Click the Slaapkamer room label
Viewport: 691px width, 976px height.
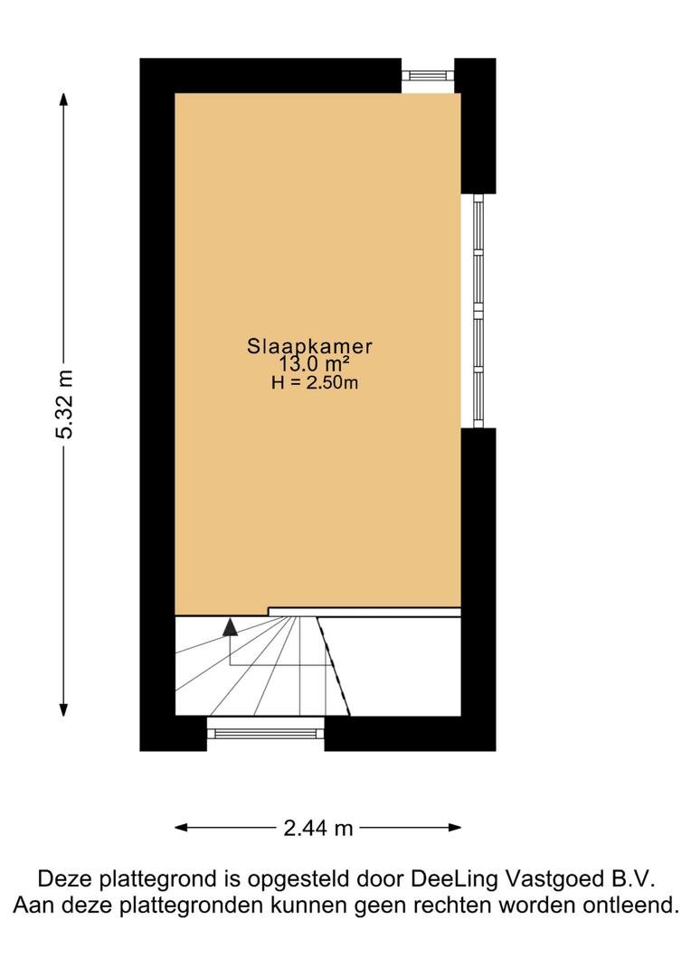pyautogui.click(x=309, y=345)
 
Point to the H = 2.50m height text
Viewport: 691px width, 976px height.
pyautogui.click(x=315, y=382)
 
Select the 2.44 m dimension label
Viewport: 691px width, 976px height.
pyautogui.click(x=317, y=828)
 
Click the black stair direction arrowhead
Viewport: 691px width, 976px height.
pyautogui.click(x=231, y=627)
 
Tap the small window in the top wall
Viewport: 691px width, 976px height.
pyautogui.click(x=428, y=75)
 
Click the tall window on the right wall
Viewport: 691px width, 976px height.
pyautogui.click(x=478, y=311)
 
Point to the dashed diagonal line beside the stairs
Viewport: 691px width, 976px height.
pyautogui.click(x=334, y=666)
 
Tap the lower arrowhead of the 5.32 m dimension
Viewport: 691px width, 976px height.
pyautogui.click(x=63, y=709)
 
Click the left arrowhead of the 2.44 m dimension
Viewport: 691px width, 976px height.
pyautogui.click(x=182, y=827)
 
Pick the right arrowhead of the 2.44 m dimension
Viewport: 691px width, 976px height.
pyautogui.click(x=454, y=827)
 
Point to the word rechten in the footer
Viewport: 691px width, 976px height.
pyautogui.click(x=455, y=905)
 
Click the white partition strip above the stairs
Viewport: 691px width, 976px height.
pyautogui.click(x=364, y=613)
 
